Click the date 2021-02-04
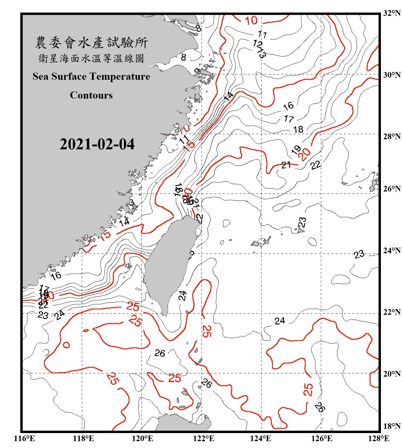click(x=97, y=144)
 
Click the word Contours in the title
click(x=91, y=95)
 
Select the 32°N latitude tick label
click(x=392, y=13)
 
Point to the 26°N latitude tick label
click(x=392, y=189)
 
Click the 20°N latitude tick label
click(x=392, y=374)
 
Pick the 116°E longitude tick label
click(x=24, y=438)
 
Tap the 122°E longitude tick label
click(x=204, y=438)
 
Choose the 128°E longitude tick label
click(x=379, y=438)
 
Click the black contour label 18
click(x=298, y=129)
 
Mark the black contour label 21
click(x=286, y=165)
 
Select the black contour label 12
click(x=257, y=44)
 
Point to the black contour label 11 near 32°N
click(x=262, y=34)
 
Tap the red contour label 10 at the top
click(x=251, y=21)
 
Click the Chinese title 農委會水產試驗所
click(x=91, y=43)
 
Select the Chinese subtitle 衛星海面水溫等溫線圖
click(x=91, y=58)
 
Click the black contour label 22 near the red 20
click(x=316, y=165)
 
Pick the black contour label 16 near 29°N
click(x=288, y=106)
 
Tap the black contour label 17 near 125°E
click(x=289, y=119)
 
